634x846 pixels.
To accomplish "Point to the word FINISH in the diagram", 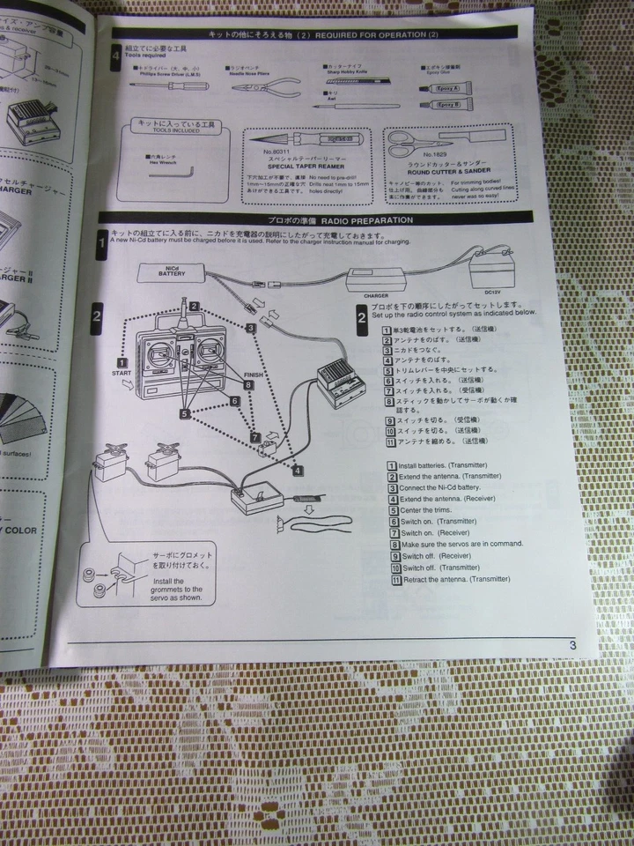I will [x=253, y=375].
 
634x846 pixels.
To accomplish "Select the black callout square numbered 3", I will [x=251, y=327].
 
